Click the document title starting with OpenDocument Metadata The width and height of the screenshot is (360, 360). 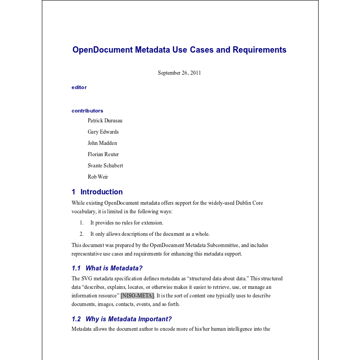[179, 50]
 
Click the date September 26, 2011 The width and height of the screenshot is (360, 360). [179, 73]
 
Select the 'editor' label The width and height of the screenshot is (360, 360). [79, 87]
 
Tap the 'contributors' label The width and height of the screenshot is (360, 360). [87, 111]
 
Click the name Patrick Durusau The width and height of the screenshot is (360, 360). [105, 121]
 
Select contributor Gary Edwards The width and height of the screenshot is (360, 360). [103, 132]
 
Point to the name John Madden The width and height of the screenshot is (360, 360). [102, 143]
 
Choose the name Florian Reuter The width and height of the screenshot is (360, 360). [103, 154]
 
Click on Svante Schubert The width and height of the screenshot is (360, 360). [105, 166]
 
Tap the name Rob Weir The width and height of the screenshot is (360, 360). [98, 177]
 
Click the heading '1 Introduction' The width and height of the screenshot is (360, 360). [97, 192]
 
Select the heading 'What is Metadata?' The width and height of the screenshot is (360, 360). [114, 268]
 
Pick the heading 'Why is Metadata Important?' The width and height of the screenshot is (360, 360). [129, 319]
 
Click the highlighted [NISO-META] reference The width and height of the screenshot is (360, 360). [137, 296]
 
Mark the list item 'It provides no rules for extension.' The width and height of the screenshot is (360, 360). [126, 223]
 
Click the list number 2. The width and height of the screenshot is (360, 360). [81, 234]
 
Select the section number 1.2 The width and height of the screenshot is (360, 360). [76, 319]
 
